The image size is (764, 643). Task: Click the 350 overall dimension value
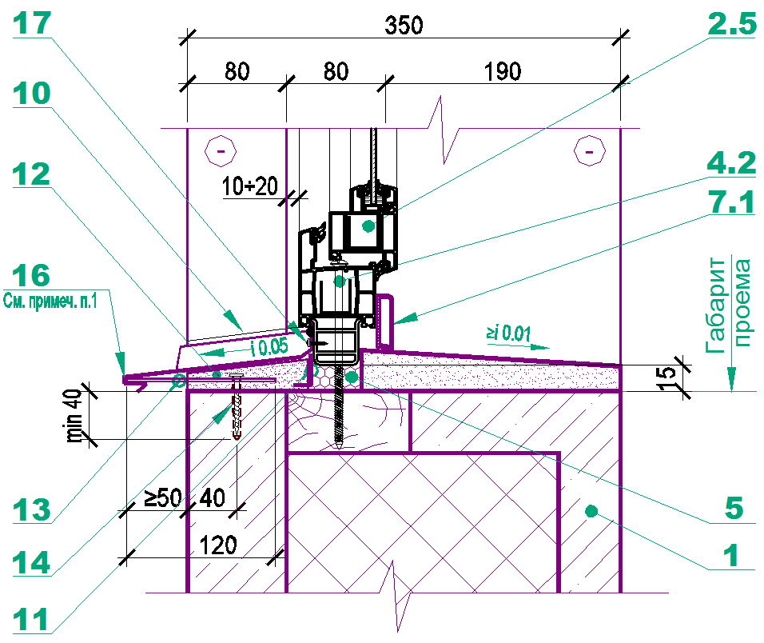click(404, 26)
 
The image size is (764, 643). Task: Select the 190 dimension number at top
click(503, 72)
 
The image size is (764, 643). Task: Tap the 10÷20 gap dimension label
click(249, 186)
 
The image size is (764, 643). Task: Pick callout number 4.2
click(731, 162)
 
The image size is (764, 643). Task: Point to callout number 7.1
click(731, 202)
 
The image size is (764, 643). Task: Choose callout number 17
click(31, 23)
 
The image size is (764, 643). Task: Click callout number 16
click(31, 275)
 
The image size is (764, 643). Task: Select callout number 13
click(31, 510)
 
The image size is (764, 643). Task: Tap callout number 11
click(30, 620)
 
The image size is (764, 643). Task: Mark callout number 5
click(734, 508)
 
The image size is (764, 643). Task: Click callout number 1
click(730, 556)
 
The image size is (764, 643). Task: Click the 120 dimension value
click(218, 545)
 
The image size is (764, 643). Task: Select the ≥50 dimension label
click(163, 497)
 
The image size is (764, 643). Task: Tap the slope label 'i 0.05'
click(269, 347)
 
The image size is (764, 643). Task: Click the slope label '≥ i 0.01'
click(507, 333)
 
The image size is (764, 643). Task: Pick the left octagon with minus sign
click(221, 150)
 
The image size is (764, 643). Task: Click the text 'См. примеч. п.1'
click(50, 300)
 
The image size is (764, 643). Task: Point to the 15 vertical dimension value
click(667, 378)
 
